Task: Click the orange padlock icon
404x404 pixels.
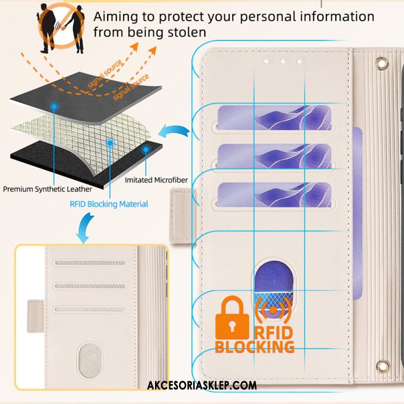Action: pos(232,318)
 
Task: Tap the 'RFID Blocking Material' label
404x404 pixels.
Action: pos(109,204)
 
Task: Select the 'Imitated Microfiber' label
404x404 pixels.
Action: pos(156,180)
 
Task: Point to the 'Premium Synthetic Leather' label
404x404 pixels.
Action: pos(47,189)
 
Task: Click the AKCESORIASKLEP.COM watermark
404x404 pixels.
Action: pos(202,385)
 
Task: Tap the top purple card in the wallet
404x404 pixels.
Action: pos(274,118)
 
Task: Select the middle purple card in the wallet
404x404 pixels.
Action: pos(274,156)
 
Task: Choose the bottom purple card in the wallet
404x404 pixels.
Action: pos(274,195)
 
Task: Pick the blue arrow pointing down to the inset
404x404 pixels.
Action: pos(85,228)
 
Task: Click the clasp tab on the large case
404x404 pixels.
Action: pos(182,216)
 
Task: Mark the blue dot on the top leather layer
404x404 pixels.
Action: pos(54,106)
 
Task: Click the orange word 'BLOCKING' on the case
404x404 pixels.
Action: pos(255,346)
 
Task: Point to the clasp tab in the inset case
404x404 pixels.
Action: pos(35,316)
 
